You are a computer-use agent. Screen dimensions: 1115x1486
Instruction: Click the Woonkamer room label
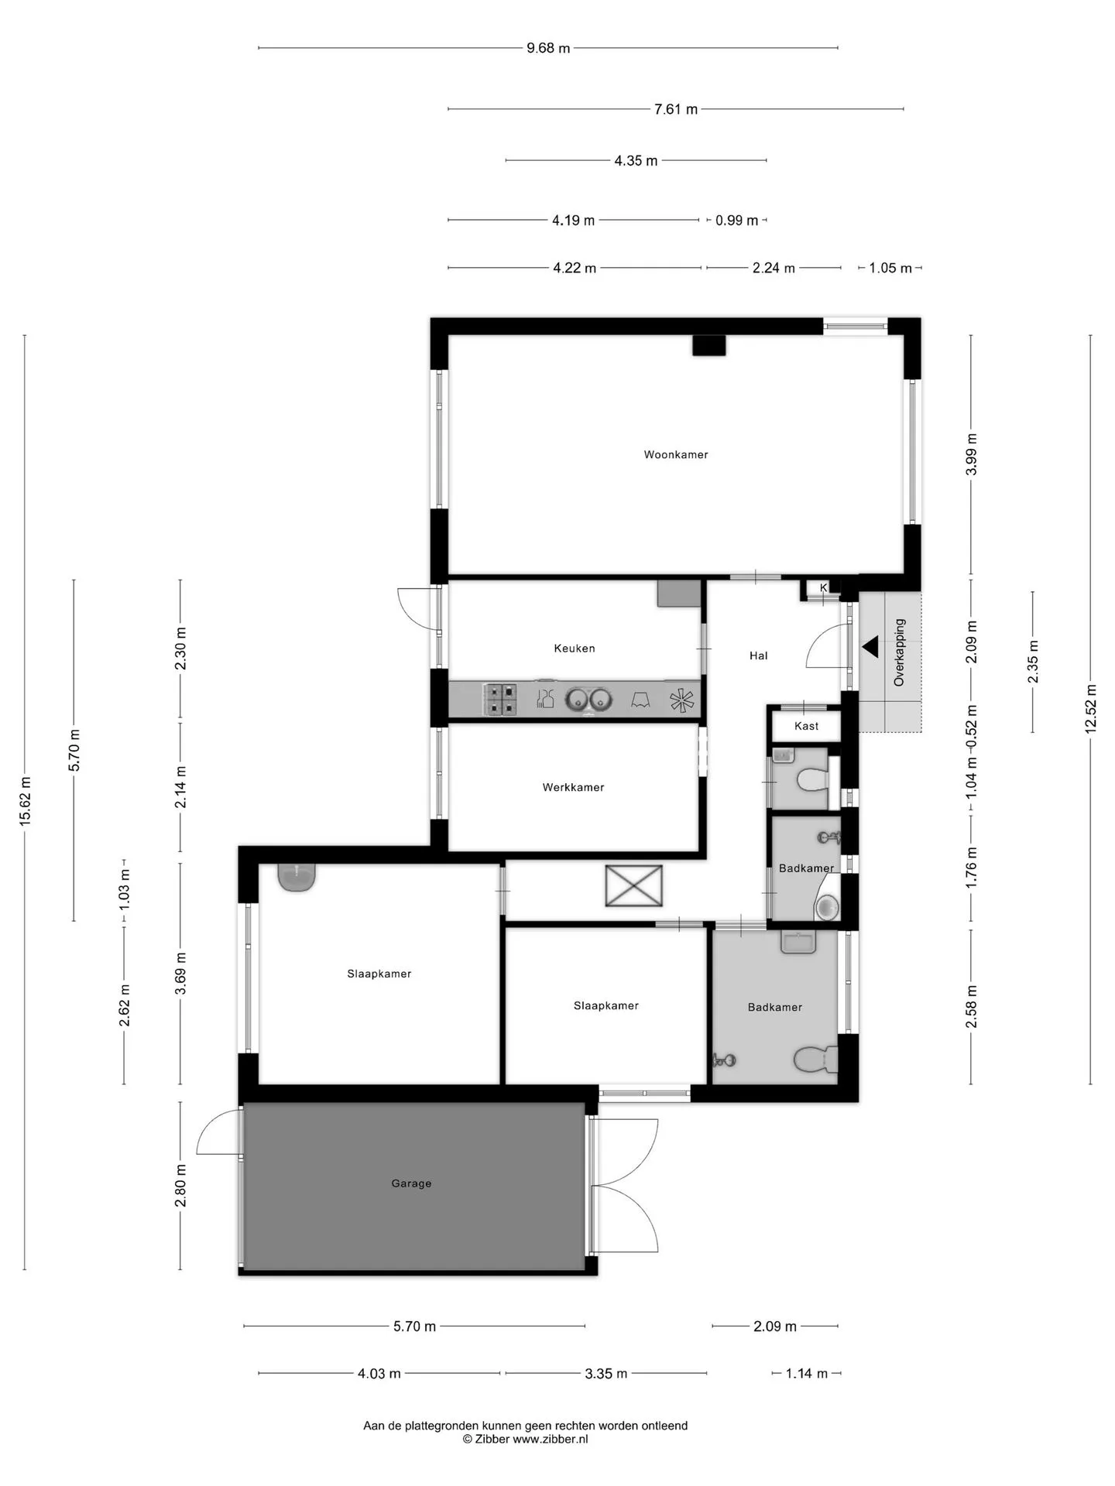[676, 454]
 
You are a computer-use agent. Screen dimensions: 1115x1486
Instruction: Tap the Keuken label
[575, 649]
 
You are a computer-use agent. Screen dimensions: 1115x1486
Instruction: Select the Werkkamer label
[573, 787]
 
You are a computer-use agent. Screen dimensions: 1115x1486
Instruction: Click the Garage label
[411, 1183]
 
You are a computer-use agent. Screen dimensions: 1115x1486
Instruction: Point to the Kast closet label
[806, 726]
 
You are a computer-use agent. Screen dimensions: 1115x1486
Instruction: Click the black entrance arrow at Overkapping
[871, 647]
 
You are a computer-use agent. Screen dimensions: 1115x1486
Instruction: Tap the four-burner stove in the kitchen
[500, 699]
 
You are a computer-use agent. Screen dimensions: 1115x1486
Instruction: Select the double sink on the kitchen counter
[588, 699]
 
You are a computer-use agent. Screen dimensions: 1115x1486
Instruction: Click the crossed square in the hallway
[634, 885]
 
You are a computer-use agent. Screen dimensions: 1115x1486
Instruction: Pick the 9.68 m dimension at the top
[548, 48]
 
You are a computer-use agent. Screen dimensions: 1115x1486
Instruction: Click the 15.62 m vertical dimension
[25, 802]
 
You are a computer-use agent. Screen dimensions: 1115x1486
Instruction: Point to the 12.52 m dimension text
[1090, 709]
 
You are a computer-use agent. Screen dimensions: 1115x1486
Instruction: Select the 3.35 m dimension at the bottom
[606, 1373]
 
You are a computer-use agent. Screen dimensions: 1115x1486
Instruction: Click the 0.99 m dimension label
[736, 221]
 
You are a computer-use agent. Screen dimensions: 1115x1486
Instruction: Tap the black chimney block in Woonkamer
[708, 345]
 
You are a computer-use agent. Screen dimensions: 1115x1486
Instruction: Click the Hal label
[758, 656]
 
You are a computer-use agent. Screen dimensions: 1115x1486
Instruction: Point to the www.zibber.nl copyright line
[526, 1439]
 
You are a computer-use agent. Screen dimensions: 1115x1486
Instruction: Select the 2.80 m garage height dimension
[180, 1186]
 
